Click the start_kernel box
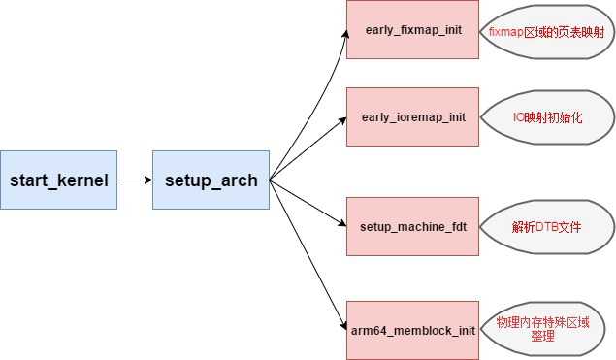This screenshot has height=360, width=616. tap(59, 180)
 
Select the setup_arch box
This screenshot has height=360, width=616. tap(211, 180)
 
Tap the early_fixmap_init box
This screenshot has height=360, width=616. tap(412, 30)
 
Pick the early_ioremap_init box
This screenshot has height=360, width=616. tap(412, 116)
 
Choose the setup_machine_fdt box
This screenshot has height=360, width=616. tap(412, 225)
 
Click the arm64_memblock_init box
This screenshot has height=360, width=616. tap(412, 330)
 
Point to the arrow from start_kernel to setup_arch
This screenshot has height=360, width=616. tap(135, 180)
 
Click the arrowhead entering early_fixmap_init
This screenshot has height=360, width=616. tap(342, 31)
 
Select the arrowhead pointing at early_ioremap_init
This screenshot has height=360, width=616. tap(342, 118)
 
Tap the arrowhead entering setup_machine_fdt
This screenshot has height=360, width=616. tap(342, 225)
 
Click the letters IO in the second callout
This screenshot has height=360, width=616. tap(519, 116)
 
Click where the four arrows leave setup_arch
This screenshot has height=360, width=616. tap(270, 180)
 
